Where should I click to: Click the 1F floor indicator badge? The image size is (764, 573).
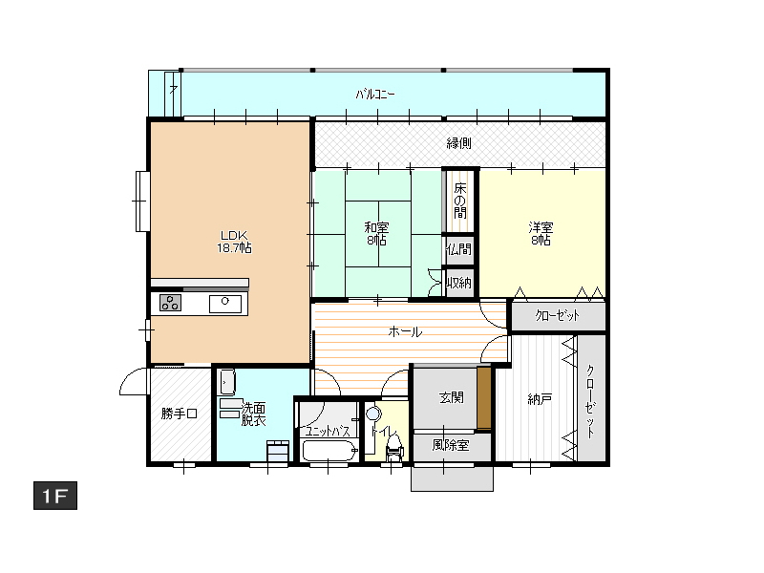(x=55, y=496)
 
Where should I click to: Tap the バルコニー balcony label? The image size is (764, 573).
(x=374, y=94)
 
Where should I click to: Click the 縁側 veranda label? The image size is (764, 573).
(x=459, y=143)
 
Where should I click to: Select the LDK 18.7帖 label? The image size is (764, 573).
(x=234, y=242)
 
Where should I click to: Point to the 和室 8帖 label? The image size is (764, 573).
(x=376, y=233)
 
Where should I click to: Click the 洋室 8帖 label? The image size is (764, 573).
(x=541, y=233)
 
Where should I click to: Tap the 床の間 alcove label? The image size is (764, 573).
(x=460, y=201)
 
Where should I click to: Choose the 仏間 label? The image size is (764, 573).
(x=459, y=249)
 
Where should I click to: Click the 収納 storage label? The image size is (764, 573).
(x=459, y=283)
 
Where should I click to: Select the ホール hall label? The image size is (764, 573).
(x=405, y=332)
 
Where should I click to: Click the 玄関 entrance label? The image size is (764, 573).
(x=451, y=397)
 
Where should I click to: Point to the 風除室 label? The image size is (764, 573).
(x=451, y=445)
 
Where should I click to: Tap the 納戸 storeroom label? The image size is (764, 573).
(x=540, y=399)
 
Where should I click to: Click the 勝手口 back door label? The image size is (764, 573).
(x=180, y=414)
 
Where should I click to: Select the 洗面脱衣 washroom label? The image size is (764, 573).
(x=254, y=414)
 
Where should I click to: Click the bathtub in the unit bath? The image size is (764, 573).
(x=330, y=451)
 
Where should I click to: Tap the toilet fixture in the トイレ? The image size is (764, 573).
(x=393, y=447)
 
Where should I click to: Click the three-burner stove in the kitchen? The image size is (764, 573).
(x=171, y=303)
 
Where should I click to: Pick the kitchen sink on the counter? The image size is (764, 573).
(x=225, y=304)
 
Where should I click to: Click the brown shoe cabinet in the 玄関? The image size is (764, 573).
(x=484, y=397)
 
